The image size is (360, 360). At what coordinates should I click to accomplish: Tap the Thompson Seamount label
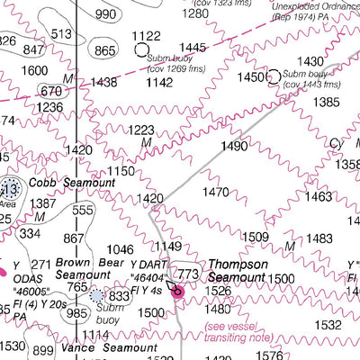coord(237,271)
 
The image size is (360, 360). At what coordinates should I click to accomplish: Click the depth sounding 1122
coord(146,36)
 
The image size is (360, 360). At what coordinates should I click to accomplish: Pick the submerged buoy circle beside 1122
coord(141,50)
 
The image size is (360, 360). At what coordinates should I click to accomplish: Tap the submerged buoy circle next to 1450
coord(274,77)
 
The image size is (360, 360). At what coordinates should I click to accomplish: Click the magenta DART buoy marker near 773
coord(178,291)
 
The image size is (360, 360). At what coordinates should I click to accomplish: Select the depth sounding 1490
coord(234,146)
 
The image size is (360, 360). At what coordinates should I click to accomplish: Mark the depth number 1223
coord(140,130)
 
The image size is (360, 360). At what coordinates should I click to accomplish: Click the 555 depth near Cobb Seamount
coord(83,211)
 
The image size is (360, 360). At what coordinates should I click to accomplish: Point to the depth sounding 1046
coord(120,250)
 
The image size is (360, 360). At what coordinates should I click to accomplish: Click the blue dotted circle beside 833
coord(97,295)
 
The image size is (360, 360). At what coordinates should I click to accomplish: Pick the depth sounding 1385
coord(326,103)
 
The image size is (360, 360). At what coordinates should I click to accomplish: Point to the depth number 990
coord(105,14)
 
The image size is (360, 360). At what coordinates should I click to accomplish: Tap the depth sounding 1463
coord(318,196)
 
